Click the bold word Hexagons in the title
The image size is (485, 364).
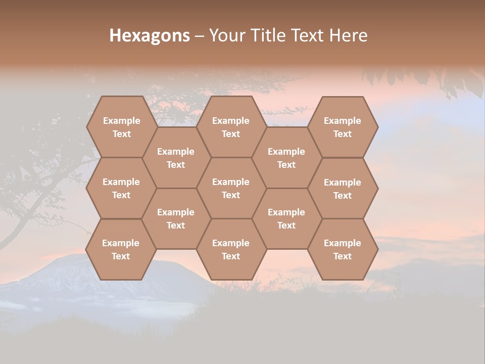click(150, 35)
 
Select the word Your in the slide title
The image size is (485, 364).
click(227, 35)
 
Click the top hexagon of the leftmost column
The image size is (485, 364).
click(121, 127)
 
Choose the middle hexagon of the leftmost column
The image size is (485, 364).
click(121, 188)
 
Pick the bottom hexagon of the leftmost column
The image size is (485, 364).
click(121, 249)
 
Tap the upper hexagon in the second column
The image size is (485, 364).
click(176, 158)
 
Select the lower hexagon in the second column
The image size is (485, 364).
click(176, 218)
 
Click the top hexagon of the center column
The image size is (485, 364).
click(231, 127)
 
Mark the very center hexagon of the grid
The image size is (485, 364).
click(231, 188)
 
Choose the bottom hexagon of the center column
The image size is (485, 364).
click(231, 249)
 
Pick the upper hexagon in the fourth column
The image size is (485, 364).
click(286, 158)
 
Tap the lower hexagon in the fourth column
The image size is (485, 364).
click(286, 218)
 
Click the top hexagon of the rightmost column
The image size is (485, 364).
click(343, 127)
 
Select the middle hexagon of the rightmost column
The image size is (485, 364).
click(343, 189)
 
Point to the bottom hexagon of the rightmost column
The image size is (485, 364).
click(343, 249)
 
